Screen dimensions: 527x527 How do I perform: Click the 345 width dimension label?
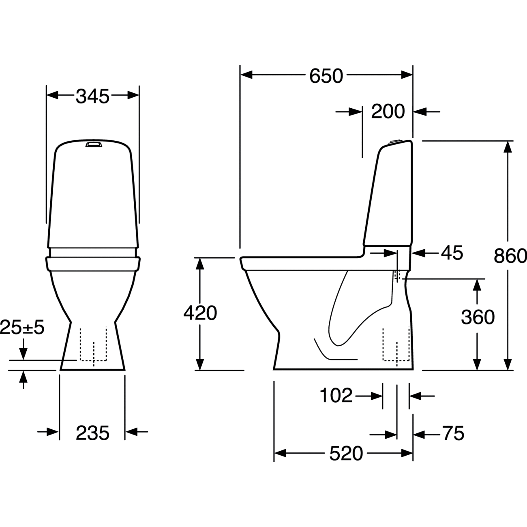coord(92,96)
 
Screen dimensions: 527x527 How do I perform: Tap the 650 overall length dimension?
coord(326,76)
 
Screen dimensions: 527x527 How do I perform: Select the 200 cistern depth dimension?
coord(388,111)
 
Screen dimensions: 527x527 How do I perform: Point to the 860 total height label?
coord(510,256)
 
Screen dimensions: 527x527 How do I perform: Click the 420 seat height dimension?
coord(200,313)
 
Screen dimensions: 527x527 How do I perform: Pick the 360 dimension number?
coord(478,317)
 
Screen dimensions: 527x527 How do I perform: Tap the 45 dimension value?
coord(452,253)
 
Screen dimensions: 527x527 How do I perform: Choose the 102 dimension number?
coord(336,396)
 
